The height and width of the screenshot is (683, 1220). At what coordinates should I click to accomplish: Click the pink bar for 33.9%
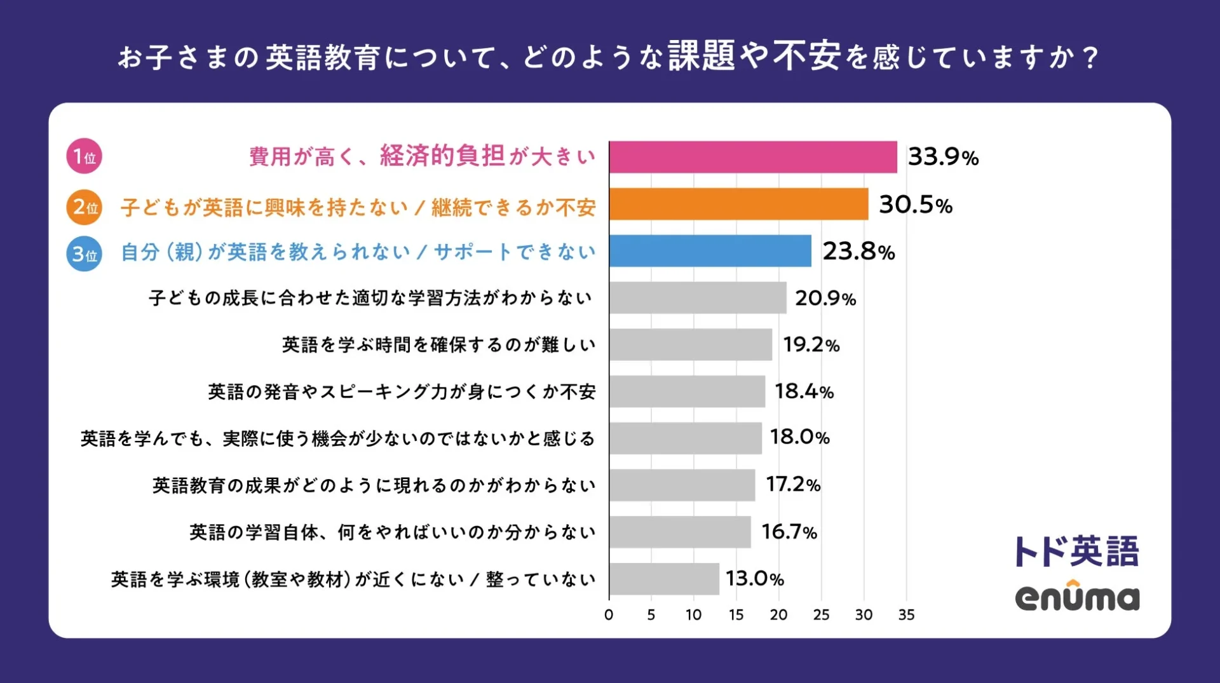(x=753, y=157)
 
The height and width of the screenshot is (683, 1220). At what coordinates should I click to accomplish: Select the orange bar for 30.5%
(x=738, y=204)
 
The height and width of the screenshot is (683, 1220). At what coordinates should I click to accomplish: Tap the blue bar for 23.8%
(x=710, y=251)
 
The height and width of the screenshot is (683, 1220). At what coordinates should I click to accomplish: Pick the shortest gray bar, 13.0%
(x=664, y=579)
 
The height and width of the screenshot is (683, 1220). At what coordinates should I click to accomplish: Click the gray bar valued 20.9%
(x=698, y=298)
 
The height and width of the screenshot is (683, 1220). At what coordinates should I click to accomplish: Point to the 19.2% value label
(x=811, y=344)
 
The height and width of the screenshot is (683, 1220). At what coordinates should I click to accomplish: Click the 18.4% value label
(x=804, y=391)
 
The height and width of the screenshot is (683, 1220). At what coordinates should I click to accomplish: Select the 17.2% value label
(x=793, y=485)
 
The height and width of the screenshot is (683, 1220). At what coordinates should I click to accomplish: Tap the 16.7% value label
(x=789, y=532)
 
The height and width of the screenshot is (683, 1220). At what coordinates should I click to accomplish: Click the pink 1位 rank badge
(x=84, y=156)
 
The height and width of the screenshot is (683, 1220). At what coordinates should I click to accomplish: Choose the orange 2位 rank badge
(x=84, y=207)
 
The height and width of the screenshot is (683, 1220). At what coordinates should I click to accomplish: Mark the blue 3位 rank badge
(x=84, y=254)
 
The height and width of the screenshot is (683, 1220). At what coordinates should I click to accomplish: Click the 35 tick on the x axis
(x=906, y=615)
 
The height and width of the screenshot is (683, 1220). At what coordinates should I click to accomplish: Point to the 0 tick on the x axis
(x=609, y=615)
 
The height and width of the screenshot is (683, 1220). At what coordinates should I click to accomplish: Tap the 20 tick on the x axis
(x=778, y=615)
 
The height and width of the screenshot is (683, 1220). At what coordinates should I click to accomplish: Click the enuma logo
(x=1077, y=597)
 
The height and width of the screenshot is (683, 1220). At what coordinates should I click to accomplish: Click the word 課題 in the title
(x=701, y=57)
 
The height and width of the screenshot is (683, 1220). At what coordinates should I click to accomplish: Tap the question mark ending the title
(x=1090, y=58)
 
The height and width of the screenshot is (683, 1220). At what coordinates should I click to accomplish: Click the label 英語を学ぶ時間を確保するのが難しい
(x=438, y=345)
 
